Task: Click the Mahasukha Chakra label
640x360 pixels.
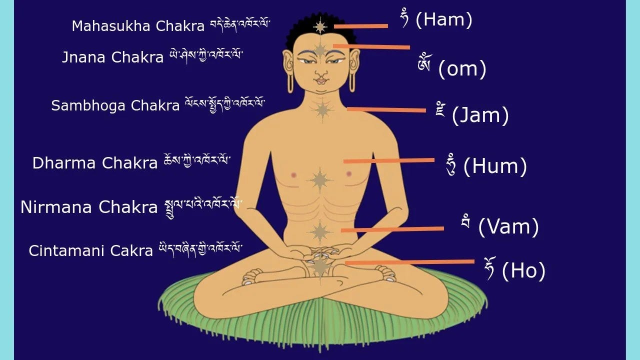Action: click(x=138, y=26)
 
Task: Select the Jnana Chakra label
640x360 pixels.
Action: click(x=112, y=57)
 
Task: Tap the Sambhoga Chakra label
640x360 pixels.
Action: click(x=115, y=105)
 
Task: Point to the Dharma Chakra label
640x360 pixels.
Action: click(x=95, y=162)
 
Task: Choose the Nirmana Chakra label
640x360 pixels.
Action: click(x=89, y=206)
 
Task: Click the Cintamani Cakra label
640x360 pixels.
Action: click(x=90, y=250)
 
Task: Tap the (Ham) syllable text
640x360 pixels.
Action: click(x=443, y=20)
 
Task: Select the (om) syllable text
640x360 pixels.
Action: click(x=462, y=69)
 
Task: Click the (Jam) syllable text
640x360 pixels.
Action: click(x=480, y=115)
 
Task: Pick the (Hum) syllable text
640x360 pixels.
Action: click(x=495, y=166)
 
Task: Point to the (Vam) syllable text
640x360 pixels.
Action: click(x=508, y=227)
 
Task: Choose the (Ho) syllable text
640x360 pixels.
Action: click(x=523, y=270)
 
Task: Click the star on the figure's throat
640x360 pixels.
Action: click(x=321, y=109)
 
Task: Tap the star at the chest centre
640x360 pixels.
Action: click(x=319, y=179)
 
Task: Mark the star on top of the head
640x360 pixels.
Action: click(x=320, y=25)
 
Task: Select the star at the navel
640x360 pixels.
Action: click(x=319, y=231)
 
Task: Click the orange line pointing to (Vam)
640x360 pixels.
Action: click(x=392, y=229)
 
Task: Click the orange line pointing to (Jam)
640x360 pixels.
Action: click(x=386, y=109)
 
